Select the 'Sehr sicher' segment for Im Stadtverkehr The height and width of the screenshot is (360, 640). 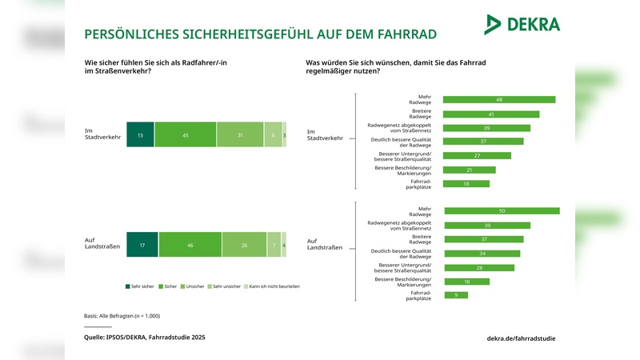(140, 135)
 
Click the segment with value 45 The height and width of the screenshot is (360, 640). (186, 135)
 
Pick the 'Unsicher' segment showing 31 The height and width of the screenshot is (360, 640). (240, 135)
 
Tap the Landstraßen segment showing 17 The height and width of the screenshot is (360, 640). (142, 245)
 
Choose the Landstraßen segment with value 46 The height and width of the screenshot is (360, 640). (190, 245)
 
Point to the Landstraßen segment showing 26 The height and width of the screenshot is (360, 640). (245, 245)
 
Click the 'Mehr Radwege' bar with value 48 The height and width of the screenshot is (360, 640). (499, 100)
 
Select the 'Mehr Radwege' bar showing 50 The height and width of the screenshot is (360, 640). (502, 211)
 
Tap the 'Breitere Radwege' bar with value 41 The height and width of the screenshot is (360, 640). (491, 114)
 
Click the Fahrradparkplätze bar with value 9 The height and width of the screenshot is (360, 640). (456, 295)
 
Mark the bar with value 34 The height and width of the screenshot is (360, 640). (482, 254)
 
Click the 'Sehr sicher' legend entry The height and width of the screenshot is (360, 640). (140, 286)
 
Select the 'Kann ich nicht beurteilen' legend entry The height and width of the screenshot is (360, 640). (271, 286)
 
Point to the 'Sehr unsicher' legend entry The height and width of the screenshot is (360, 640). (225, 286)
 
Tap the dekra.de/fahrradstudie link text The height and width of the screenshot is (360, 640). (521, 338)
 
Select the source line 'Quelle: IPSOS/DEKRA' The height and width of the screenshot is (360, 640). (144, 338)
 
